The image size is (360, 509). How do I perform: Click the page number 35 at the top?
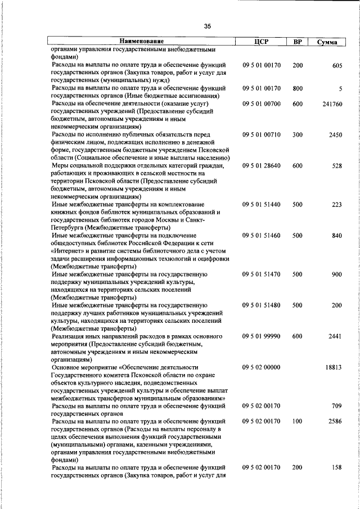point(207,26)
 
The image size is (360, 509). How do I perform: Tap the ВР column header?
point(298,42)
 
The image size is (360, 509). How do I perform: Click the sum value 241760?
point(331,104)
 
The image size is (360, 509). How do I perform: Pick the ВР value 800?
point(298,88)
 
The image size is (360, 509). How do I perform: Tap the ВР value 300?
point(298,135)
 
